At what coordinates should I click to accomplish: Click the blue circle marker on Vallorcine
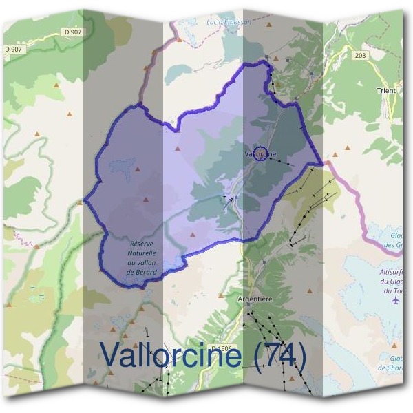(x=260, y=153)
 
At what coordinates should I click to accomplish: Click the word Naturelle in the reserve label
(x=142, y=253)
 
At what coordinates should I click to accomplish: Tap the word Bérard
(x=146, y=273)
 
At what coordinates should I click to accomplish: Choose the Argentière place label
(x=255, y=299)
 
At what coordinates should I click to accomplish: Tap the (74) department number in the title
(x=279, y=354)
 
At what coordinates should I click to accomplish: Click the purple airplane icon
(x=395, y=300)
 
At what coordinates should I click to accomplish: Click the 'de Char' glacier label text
(x=393, y=368)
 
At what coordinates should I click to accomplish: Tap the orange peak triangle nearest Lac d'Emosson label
(x=180, y=39)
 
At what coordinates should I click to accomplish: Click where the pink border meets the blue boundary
(x=323, y=163)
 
